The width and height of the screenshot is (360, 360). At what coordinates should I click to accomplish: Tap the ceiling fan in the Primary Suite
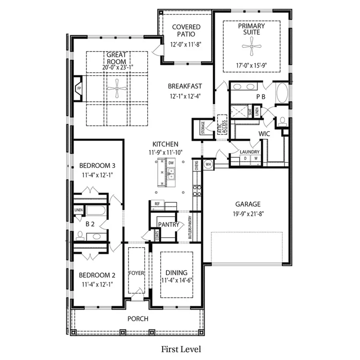pyautogui.click(x=252, y=46)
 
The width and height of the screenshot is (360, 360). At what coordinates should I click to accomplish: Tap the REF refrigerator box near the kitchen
pyautogui.click(x=157, y=204)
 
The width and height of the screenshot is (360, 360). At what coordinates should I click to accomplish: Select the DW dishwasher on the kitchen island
pyautogui.click(x=171, y=163)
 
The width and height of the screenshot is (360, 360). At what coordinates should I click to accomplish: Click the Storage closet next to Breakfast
pyautogui.click(x=202, y=128)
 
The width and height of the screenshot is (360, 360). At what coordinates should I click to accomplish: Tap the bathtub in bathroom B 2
pyautogui.click(x=96, y=210)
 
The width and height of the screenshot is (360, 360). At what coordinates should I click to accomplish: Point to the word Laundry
pyautogui.click(x=250, y=152)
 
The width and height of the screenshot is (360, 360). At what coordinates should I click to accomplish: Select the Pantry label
pyautogui.click(x=168, y=224)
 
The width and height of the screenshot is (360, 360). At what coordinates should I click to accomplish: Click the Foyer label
pyautogui.click(x=136, y=273)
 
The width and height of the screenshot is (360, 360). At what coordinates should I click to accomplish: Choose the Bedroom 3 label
pyautogui.click(x=97, y=165)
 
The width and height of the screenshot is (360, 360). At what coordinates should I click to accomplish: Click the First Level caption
pyautogui.click(x=181, y=349)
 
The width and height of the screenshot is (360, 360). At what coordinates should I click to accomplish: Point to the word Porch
pyautogui.click(x=138, y=319)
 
